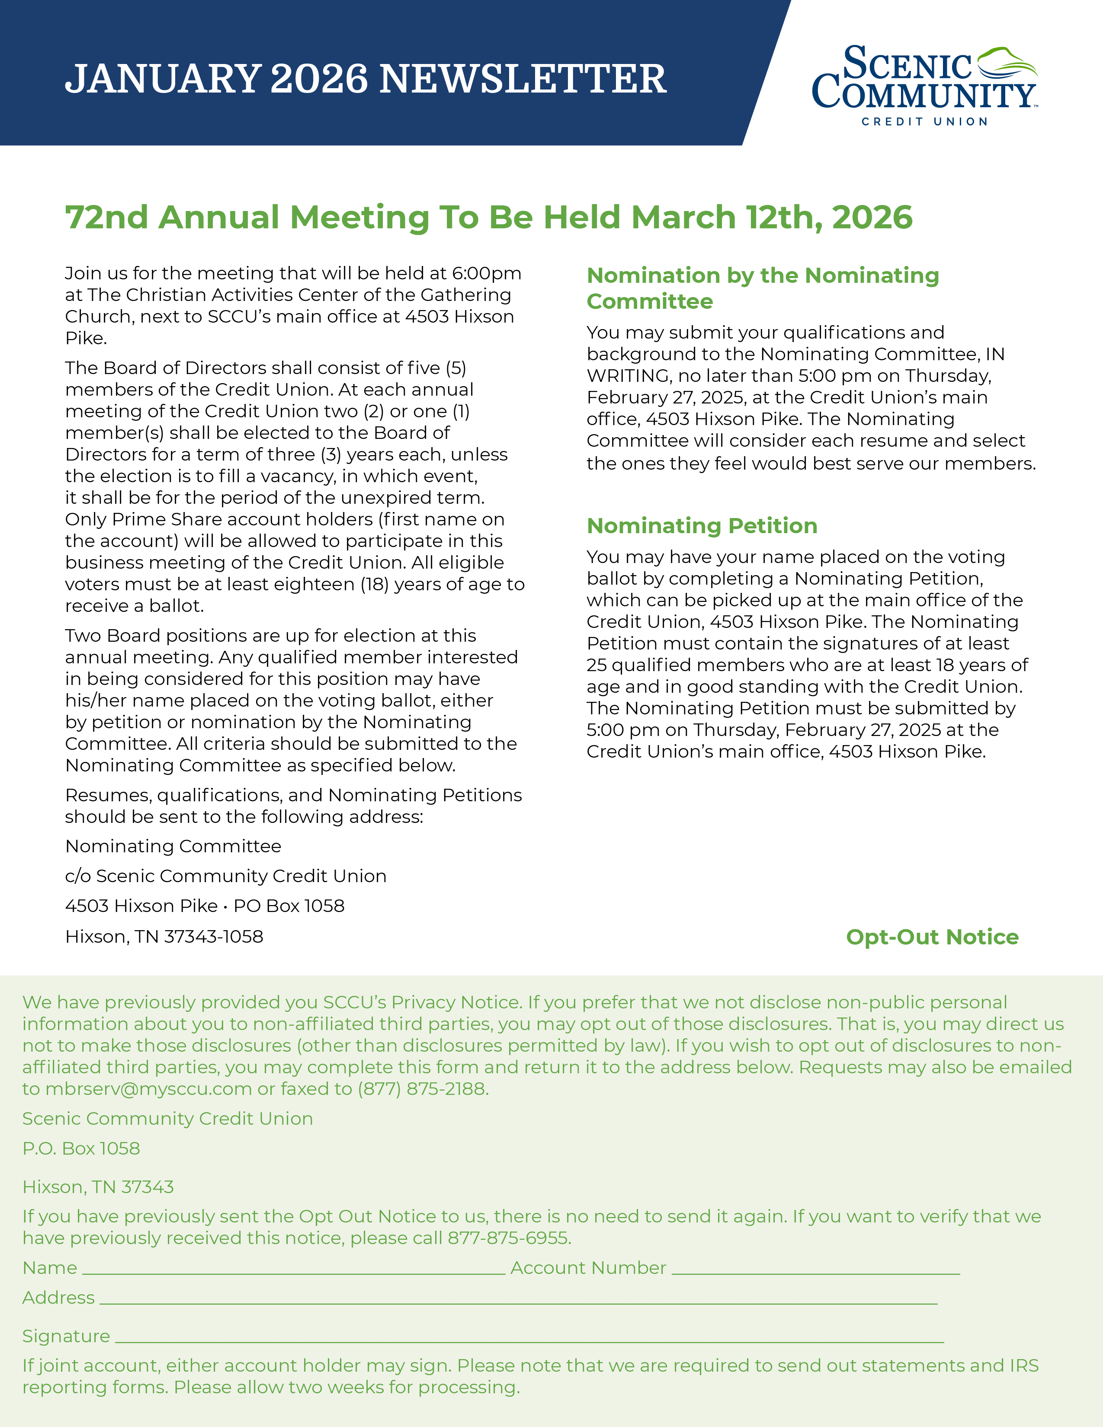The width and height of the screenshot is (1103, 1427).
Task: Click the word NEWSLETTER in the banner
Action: tap(523, 79)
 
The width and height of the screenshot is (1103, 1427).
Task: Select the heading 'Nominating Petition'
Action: tap(702, 526)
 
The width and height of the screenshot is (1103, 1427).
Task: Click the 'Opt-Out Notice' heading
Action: tap(932, 937)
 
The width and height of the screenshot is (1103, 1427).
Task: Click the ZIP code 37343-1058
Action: tap(214, 937)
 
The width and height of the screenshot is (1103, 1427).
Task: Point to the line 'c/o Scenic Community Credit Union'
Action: tap(225, 876)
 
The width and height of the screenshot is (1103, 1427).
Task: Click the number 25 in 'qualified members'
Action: tap(596, 665)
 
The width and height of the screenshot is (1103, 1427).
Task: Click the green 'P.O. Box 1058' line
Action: tap(81, 1149)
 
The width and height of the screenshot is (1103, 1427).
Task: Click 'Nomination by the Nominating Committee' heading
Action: tap(763, 288)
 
